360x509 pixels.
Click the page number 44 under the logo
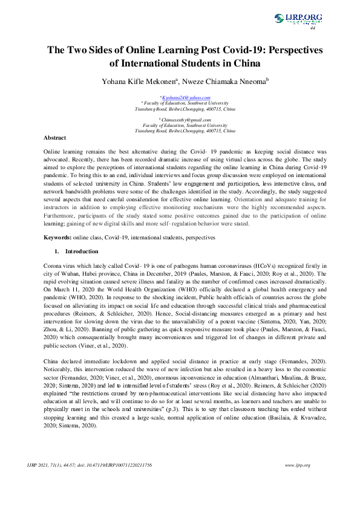(313, 28)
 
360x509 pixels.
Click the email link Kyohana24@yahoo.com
(185, 97)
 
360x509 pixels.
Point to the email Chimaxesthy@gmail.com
(185, 120)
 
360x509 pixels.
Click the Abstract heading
(56, 138)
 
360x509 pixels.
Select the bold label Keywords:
(61, 238)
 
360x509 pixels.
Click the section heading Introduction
(82, 250)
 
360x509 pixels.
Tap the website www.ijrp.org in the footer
(297, 482)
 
